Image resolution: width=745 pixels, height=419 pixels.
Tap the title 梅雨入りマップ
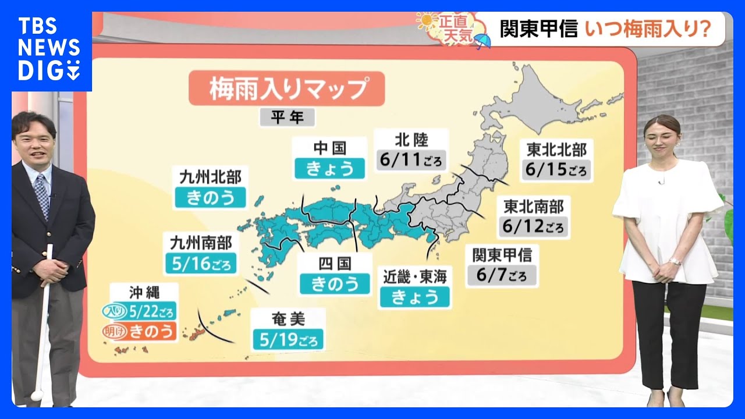(x=286, y=89)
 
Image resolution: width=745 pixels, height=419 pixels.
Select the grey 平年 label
(x=287, y=118)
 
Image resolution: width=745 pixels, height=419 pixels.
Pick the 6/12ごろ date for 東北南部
(x=534, y=226)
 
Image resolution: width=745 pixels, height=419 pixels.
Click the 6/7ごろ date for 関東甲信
(x=502, y=275)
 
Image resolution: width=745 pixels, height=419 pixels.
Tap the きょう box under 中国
(x=329, y=168)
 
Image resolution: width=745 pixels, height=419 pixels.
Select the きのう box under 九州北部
(x=210, y=198)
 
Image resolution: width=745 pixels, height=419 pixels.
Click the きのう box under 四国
(x=335, y=283)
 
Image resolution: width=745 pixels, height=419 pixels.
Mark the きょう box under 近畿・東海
(x=414, y=297)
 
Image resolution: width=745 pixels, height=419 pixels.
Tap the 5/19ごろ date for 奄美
(x=289, y=339)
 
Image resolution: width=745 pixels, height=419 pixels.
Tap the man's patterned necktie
(x=42, y=193)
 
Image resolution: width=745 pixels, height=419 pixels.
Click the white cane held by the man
(x=43, y=326)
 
